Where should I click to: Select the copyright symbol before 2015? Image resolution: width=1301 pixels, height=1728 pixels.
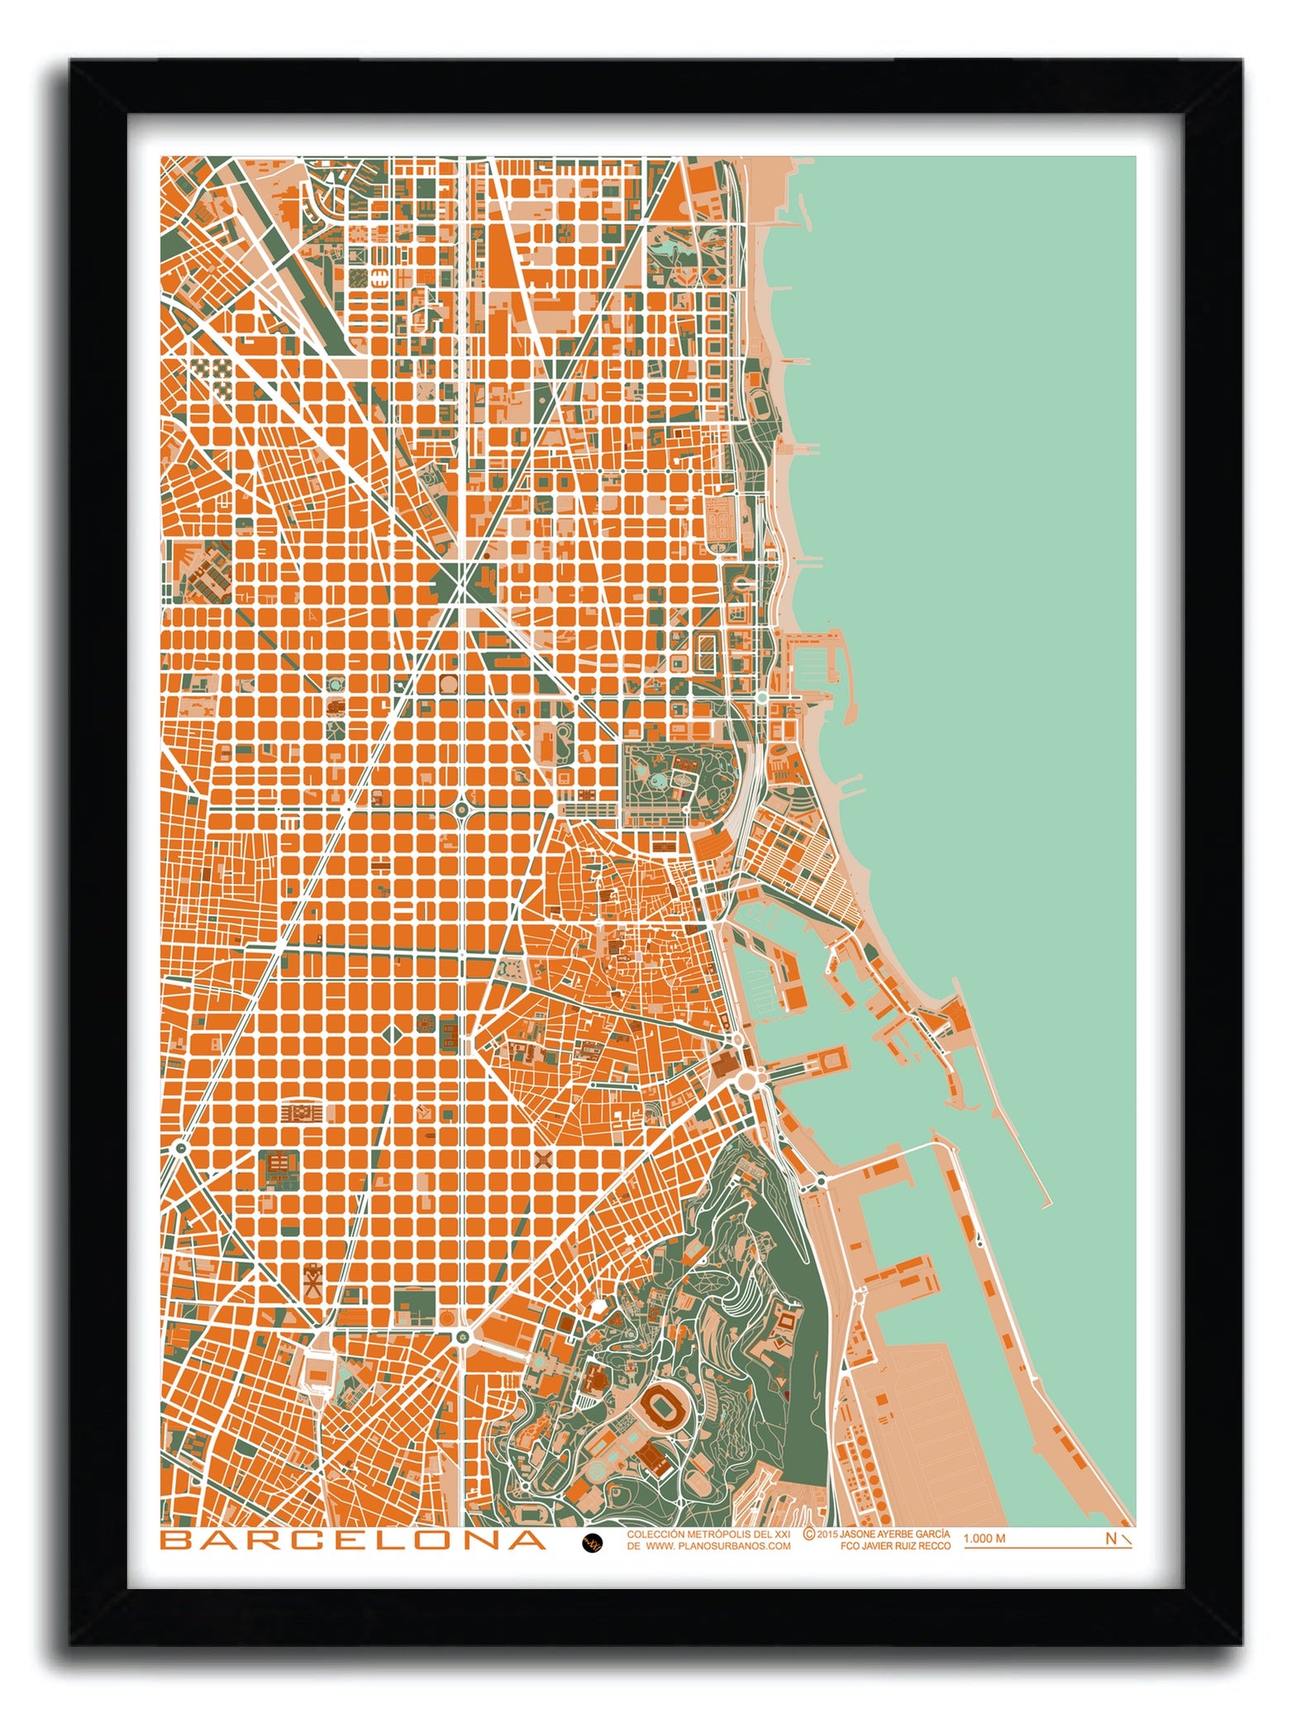809,1533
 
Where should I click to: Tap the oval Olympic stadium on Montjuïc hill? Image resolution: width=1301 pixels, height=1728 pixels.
662,1402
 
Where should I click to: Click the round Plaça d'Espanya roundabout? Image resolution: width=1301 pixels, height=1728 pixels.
462,1335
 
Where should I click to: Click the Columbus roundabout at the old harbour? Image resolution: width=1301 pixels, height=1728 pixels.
751,1078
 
